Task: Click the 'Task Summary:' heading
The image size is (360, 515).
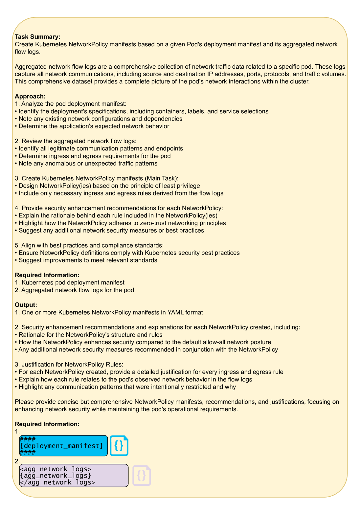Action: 37,37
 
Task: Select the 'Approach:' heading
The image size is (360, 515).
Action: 30,96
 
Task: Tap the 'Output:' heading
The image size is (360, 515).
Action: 26,305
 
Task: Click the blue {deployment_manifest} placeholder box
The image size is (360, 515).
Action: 63,446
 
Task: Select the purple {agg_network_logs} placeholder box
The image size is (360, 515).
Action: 74,475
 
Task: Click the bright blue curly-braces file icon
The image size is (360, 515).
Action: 119,446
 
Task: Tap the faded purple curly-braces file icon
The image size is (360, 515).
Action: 142,475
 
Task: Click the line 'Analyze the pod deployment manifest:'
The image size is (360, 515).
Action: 74,104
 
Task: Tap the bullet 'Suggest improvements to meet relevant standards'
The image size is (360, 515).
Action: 88,260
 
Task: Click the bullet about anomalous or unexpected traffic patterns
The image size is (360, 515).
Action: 88,164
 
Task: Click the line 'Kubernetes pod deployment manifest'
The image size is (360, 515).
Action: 73,282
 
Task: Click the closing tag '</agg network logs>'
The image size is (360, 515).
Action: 57,482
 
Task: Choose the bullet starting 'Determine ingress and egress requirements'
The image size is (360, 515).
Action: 95,156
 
